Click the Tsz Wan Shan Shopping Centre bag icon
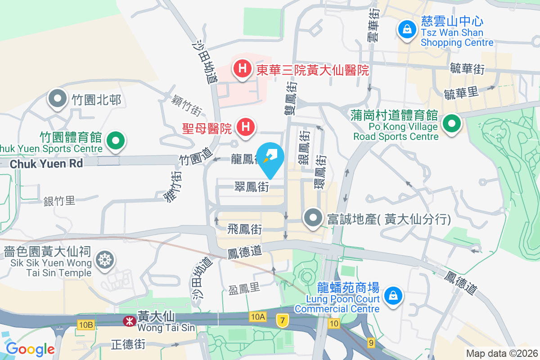coord(407,30)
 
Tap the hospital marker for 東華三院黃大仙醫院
coord(242,69)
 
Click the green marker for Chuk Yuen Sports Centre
coord(116,141)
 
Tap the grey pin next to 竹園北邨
coord(58,99)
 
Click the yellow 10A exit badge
coord(258,317)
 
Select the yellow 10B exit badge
coord(85,324)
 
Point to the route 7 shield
coord(282,321)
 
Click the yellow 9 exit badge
coord(371,343)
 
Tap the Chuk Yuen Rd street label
coord(46,163)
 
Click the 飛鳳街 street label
coord(245,229)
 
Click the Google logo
coord(30,349)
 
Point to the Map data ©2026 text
coord(501,353)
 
